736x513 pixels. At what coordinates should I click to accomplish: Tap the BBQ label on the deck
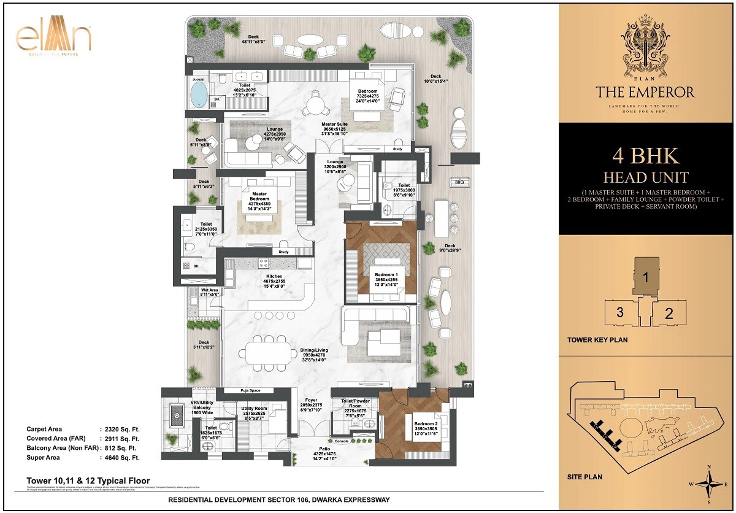(459, 182)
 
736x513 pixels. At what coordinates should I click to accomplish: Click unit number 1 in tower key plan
(645, 276)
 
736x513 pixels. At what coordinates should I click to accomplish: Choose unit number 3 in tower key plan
(620, 312)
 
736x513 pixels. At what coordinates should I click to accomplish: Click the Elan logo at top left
(53, 38)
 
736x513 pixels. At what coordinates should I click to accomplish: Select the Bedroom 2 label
(425, 425)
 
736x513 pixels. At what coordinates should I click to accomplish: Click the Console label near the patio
(342, 441)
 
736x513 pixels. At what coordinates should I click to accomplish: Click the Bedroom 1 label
(388, 275)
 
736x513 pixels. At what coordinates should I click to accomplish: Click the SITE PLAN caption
(585, 477)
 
